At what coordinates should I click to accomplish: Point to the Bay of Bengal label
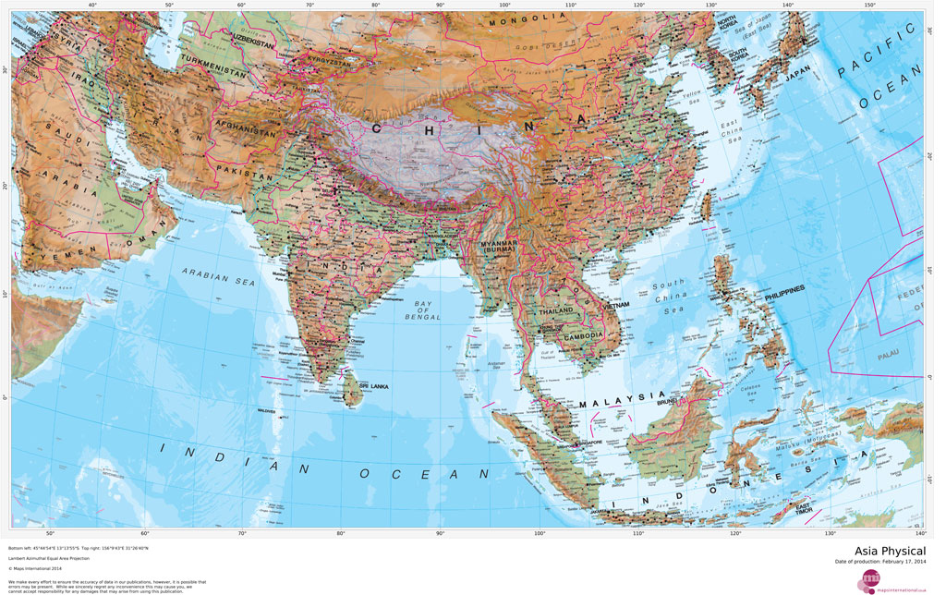[x=424, y=310]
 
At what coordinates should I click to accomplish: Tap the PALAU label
[x=891, y=352]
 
